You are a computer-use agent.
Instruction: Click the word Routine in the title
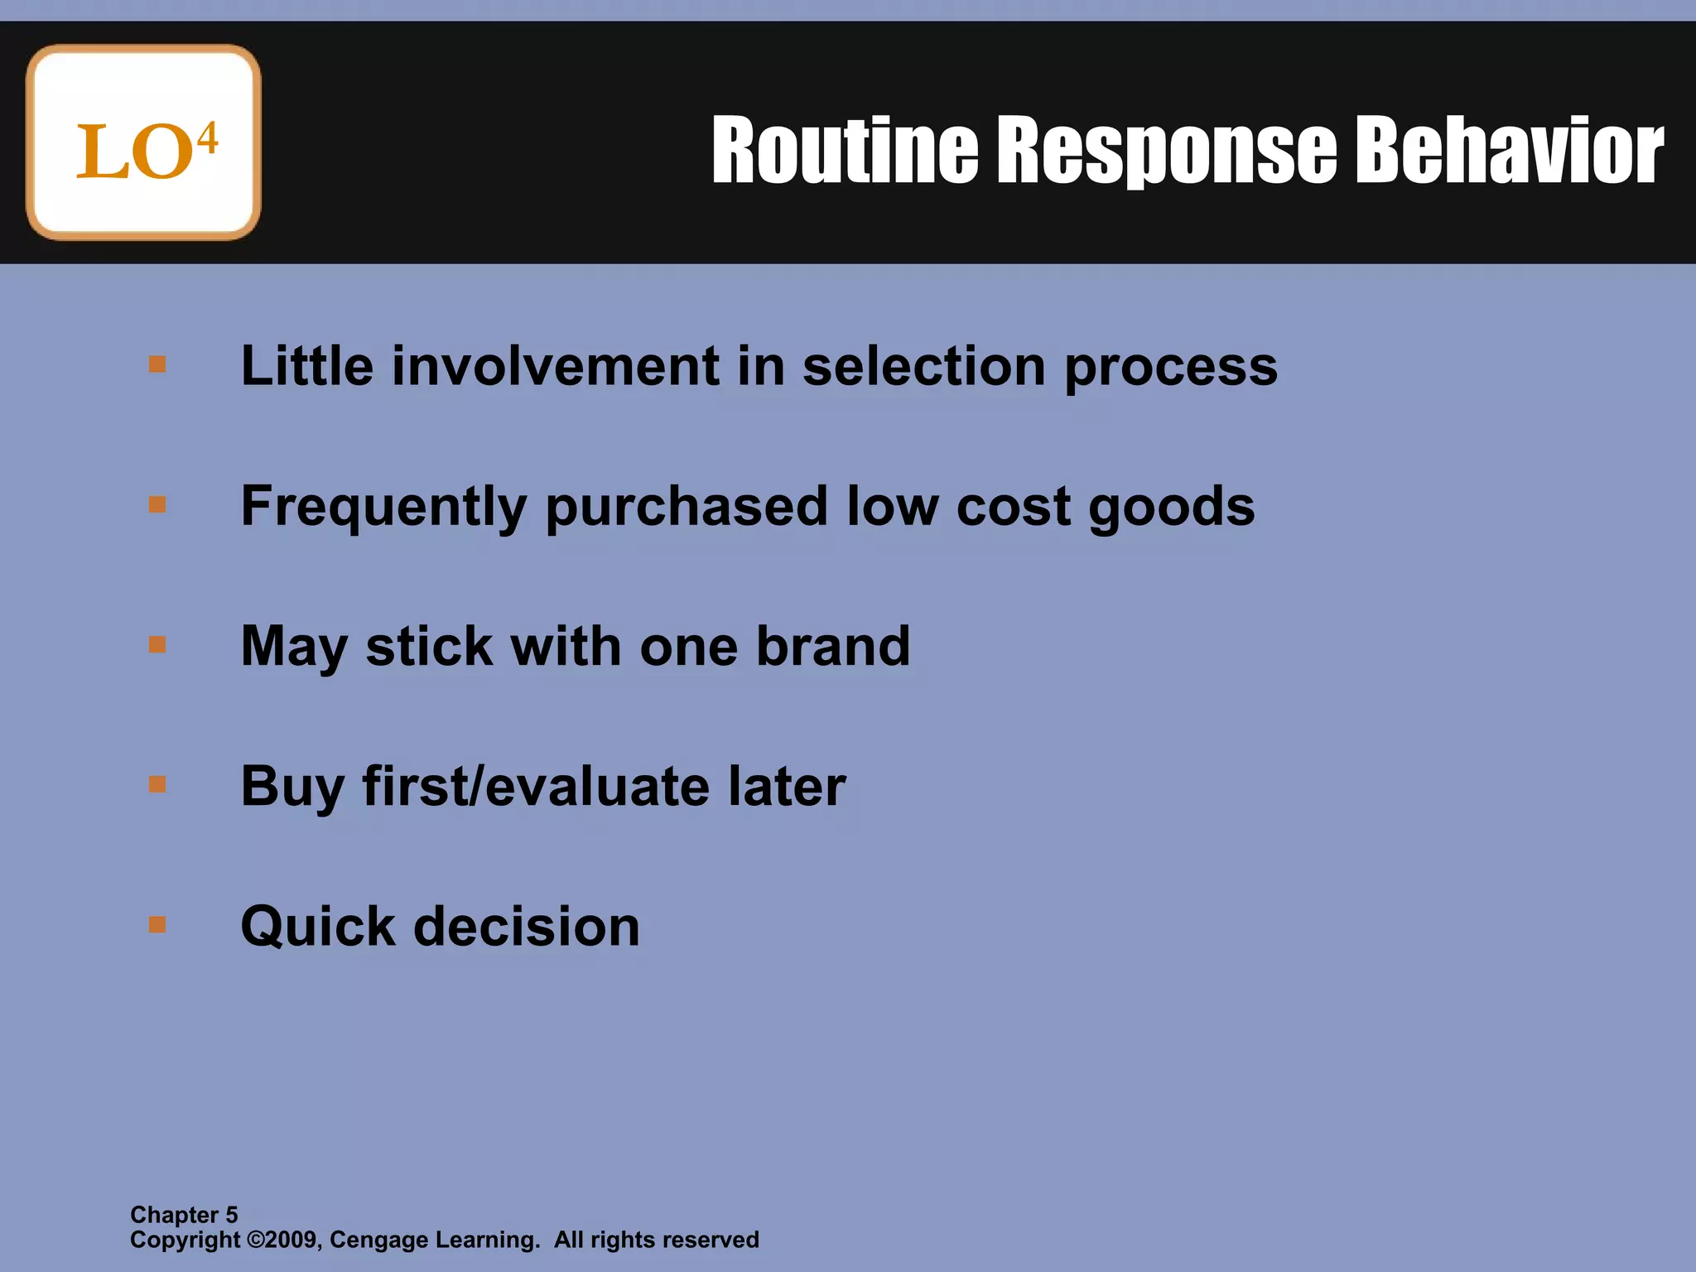click(x=845, y=151)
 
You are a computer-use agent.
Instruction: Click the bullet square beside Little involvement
click(x=157, y=364)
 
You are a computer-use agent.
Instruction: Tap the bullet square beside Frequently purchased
click(x=157, y=504)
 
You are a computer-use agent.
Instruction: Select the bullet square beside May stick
click(x=157, y=644)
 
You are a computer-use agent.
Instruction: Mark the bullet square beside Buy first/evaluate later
click(x=157, y=784)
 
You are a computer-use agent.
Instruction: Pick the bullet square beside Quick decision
click(x=157, y=924)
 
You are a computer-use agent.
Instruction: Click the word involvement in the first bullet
click(x=555, y=366)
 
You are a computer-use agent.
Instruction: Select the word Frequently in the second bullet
click(x=383, y=508)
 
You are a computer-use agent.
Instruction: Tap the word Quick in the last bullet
click(x=317, y=926)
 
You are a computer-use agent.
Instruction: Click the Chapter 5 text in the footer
click(x=184, y=1215)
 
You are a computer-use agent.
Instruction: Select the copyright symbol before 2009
click(x=256, y=1240)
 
